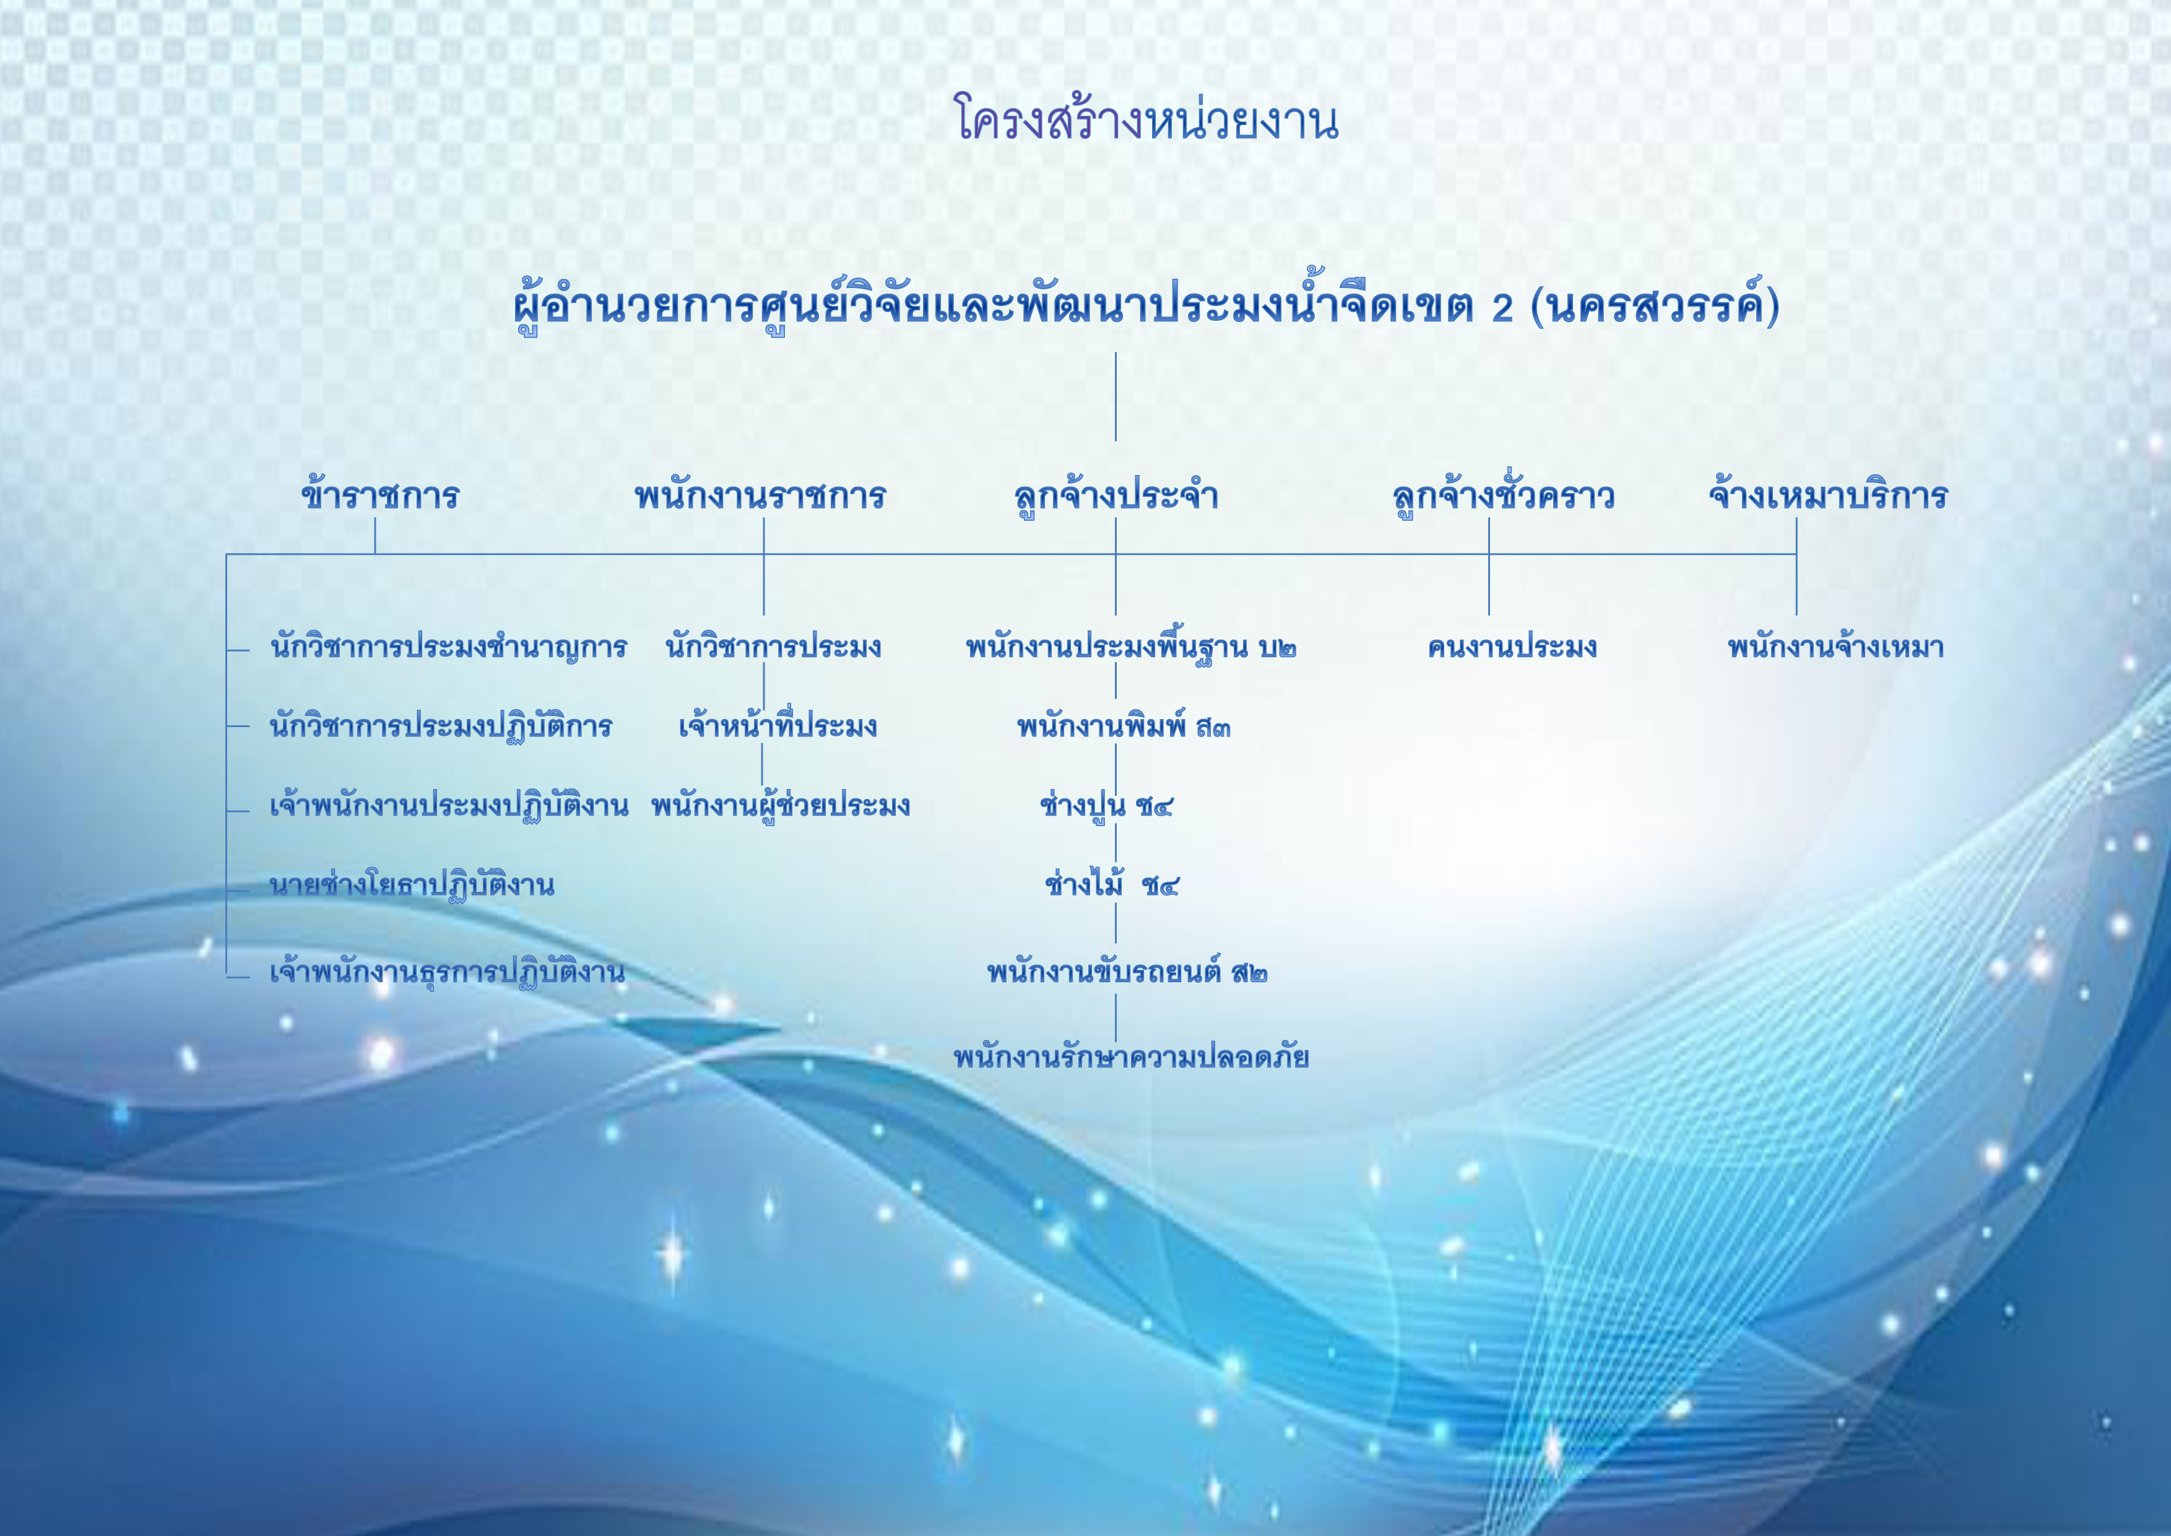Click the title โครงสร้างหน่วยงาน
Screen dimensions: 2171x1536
pos(1145,120)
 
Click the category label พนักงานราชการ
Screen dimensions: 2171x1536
pos(760,495)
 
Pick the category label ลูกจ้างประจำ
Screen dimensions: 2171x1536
pos(1116,495)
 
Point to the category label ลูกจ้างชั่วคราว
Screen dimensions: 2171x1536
pos(1504,495)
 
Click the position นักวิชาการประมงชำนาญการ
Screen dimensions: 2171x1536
pos(448,648)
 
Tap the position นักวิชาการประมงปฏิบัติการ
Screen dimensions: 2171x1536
pos(441,725)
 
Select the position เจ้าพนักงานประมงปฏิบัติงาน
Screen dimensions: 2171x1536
pos(448,805)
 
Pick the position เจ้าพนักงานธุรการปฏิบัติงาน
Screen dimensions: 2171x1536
pos(447,971)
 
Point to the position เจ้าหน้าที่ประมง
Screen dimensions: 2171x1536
pos(778,725)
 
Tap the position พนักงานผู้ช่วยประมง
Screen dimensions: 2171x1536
pos(780,805)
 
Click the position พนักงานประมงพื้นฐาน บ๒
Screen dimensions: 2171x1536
pos(1131,648)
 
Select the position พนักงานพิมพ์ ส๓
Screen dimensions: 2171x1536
pos(1124,725)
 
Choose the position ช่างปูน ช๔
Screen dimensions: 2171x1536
pos(1106,805)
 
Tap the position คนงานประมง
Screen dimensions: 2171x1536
pos(1512,648)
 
